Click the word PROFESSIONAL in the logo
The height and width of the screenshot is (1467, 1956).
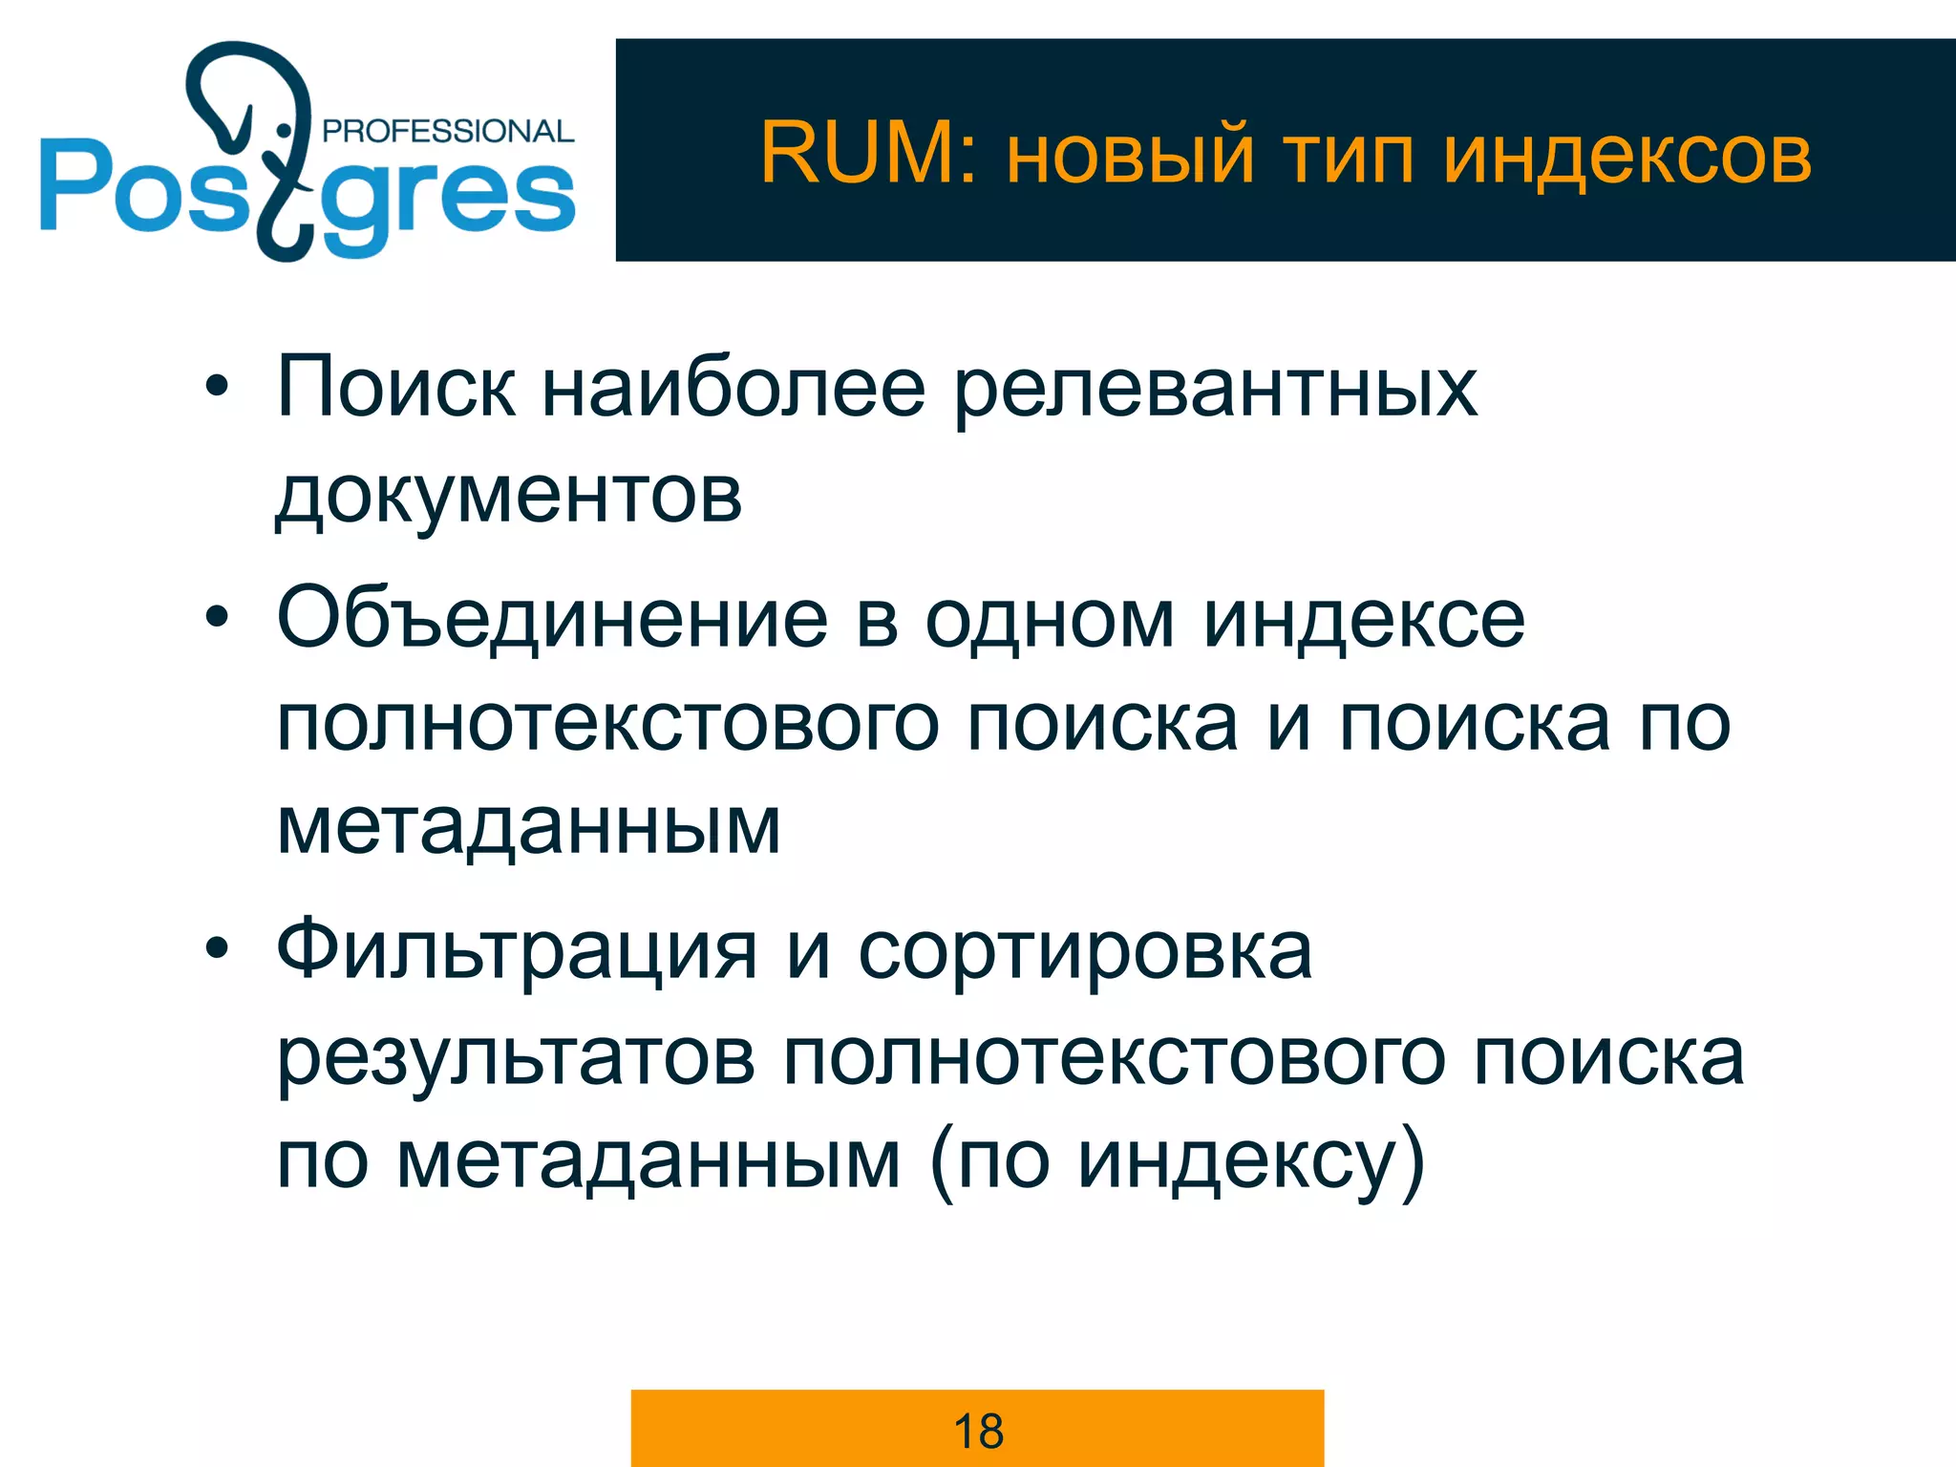tap(448, 131)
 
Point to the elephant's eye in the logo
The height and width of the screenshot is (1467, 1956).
tap(283, 129)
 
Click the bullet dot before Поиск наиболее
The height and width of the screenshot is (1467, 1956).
tap(218, 387)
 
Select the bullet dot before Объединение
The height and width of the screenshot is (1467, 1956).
tap(218, 617)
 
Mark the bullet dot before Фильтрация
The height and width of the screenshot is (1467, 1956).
tap(218, 947)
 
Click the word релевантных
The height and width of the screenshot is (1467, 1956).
tap(1215, 390)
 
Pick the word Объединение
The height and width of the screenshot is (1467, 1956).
tap(552, 619)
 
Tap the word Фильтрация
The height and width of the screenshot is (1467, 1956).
tap(517, 951)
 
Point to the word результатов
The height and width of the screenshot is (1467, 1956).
tap(516, 1058)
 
